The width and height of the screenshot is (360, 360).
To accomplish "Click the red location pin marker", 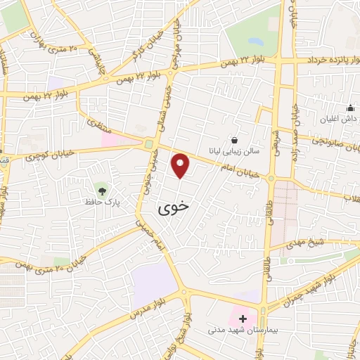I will click(181, 165).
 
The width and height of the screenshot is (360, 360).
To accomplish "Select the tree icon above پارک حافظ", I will click(103, 190).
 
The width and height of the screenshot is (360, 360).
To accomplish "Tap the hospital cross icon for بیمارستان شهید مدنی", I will click(243, 319).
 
